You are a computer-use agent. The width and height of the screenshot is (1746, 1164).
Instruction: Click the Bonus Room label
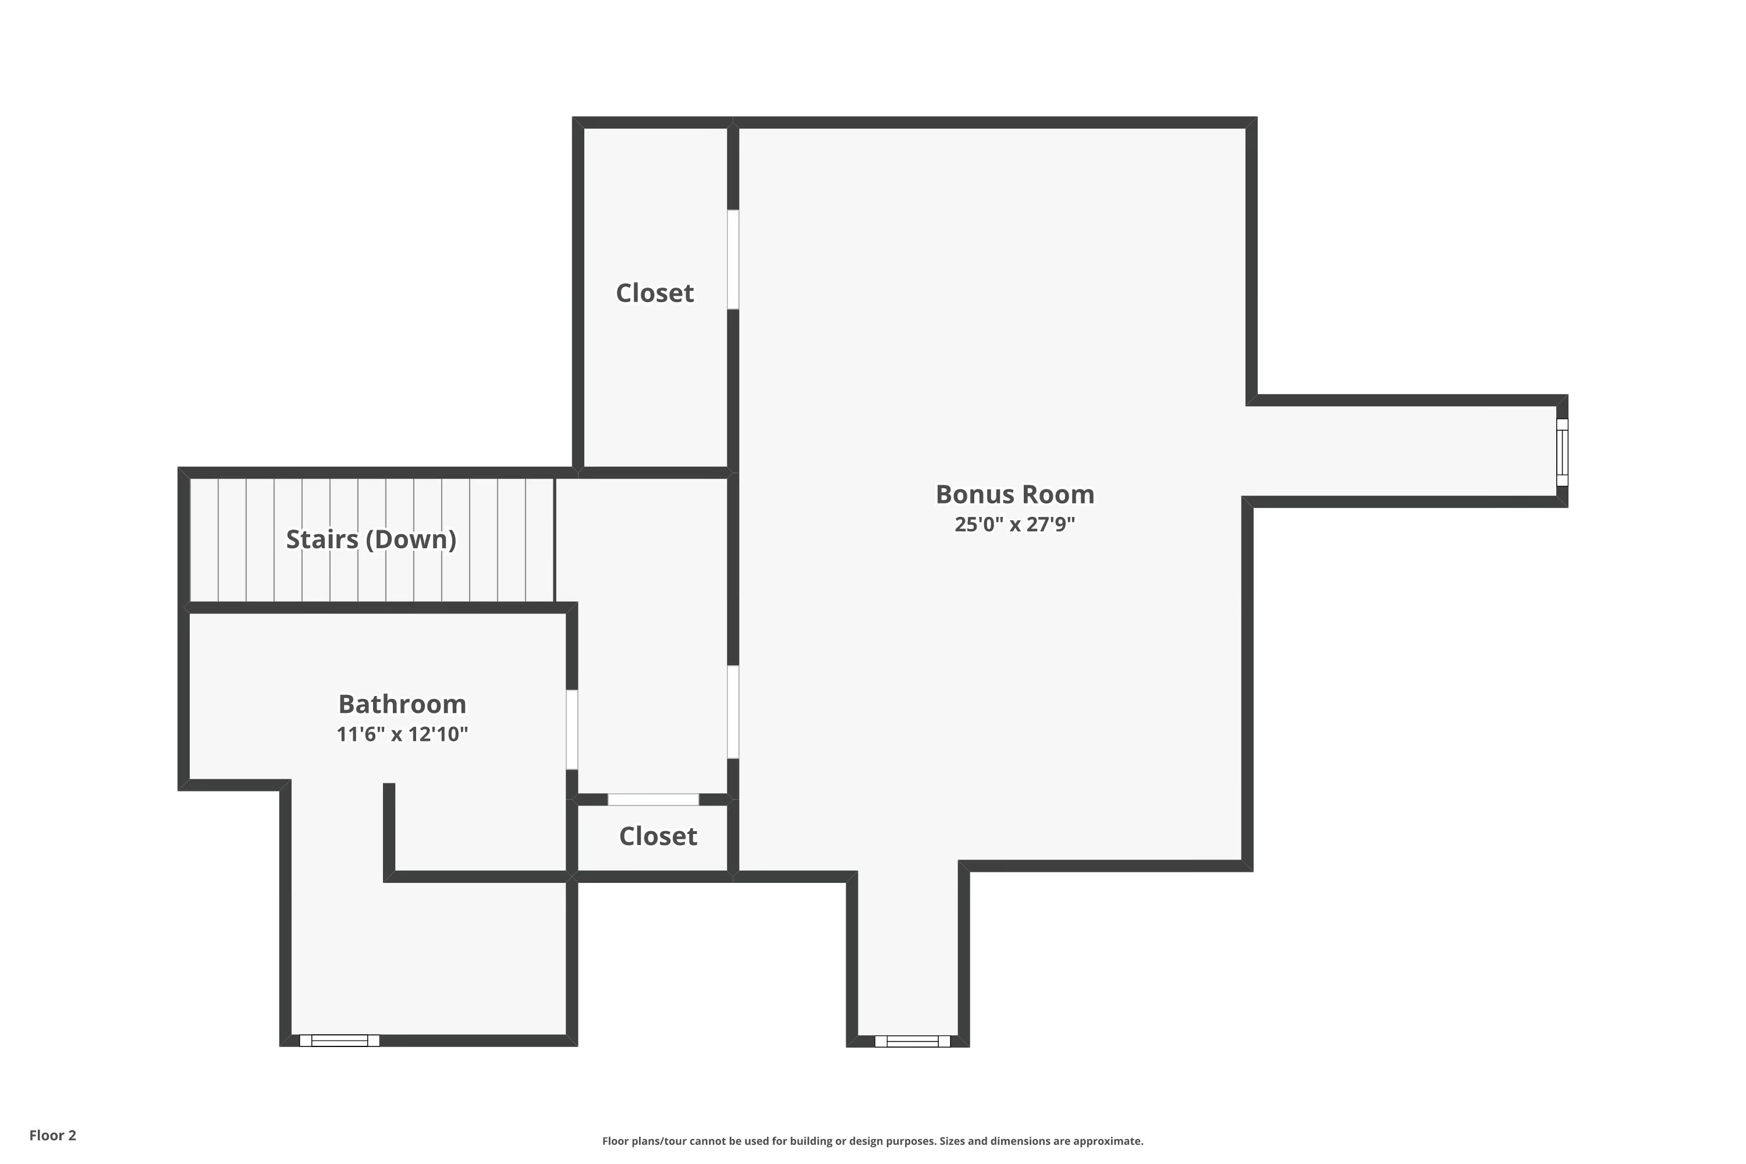[1015, 494]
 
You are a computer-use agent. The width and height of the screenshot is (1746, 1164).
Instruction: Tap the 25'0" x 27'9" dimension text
[1015, 524]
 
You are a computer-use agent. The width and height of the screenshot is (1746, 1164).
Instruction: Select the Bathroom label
[402, 703]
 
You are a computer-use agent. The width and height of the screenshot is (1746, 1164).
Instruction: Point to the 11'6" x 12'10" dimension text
[402, 734]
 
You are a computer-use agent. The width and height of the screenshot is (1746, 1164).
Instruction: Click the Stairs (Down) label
[371, 539]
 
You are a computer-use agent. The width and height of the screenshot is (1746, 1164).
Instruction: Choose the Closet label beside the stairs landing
[655, 293]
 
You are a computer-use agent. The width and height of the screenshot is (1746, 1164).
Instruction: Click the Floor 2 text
[53, 1135]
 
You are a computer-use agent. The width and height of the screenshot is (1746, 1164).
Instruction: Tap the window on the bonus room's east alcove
[1562, 452]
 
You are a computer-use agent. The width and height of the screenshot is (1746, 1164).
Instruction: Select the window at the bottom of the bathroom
[339, 1040]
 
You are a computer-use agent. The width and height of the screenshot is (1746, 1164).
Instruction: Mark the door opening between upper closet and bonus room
[733, 259]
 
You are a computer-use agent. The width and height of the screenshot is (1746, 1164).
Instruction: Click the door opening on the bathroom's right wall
[572, 730]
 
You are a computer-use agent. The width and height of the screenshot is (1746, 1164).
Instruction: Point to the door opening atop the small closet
[653, 800]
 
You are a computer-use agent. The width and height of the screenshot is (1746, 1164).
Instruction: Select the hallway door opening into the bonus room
[733, 712]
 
